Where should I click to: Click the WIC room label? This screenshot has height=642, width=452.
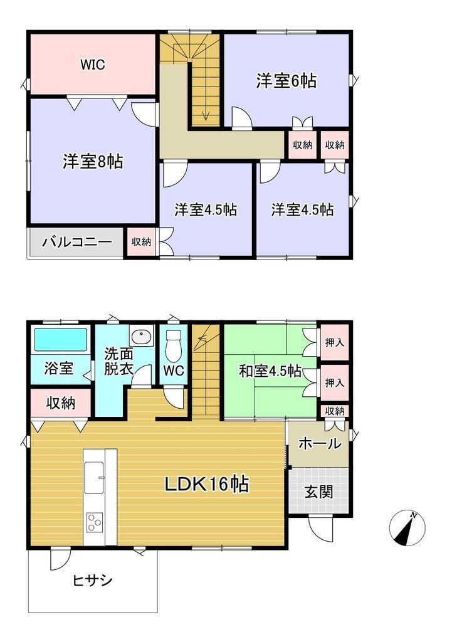(x=93, y=65)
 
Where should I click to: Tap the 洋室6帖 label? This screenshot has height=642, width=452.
(x=286, y=81)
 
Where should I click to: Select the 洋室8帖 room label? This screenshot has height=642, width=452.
(x=93, y=161)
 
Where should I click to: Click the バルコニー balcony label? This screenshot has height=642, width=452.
(x=77, y=241)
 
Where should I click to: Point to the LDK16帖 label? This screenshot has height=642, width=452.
(x=206, y=485)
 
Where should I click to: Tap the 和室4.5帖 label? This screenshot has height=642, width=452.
(x=270, y=372)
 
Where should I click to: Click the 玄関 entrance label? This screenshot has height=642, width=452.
(x=318, y=492)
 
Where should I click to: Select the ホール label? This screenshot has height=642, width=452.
(x=320, y=443)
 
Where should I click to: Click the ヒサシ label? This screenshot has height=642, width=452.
(x=93, y=580)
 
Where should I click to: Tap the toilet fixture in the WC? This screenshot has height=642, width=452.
(x=174, y=346)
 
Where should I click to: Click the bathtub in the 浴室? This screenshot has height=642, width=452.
(x=61, y=339)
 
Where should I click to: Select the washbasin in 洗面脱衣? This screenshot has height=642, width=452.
(x=141, y=336)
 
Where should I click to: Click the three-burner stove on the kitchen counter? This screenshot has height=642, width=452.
(x=94, y=522)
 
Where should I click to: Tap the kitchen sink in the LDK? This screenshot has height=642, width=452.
(x=94, y=477)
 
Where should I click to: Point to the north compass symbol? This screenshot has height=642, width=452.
(x=407, y=528)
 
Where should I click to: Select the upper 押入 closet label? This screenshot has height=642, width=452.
(x=335, y=343)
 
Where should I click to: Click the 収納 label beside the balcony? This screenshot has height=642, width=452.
(x=141, y=241)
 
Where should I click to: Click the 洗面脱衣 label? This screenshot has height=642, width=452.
(x=118, y=361)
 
